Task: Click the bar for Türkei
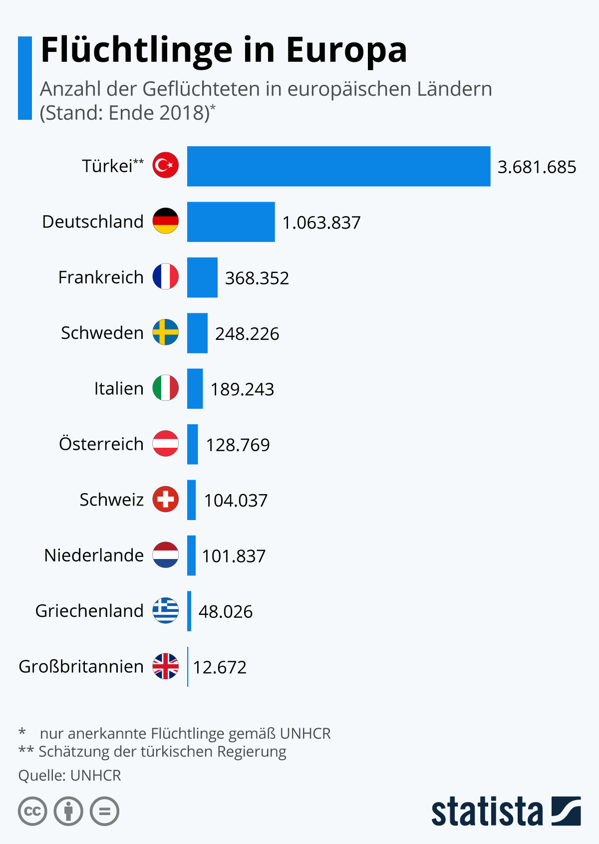[x=338, y=166]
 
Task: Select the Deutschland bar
[x=231, y=222]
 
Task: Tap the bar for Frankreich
[x=202, y=278]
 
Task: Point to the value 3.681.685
[x=537, y=167]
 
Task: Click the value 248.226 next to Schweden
[x=247, y=334]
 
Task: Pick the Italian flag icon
[x=165, y=388]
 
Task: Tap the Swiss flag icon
[x=165, y=499]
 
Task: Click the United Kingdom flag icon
[x=165, y=666]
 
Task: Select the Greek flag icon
[x=165, y=610]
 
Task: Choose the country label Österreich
[x=101, y=443]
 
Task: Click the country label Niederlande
[x=94, y=555]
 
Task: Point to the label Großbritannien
[x=81, y=666]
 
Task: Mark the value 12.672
[x=220, y=667]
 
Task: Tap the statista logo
[x=506, y=811]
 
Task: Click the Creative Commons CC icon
[x=32, y=811]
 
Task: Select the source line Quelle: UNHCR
[x=70, y=776]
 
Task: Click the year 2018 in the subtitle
[x=184, y=113]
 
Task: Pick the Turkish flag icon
[x=165, y=165]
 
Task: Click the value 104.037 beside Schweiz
[x=236, y=501]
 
